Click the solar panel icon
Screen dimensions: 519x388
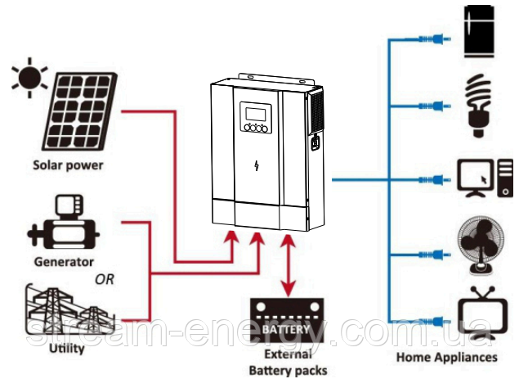tap(79, 111)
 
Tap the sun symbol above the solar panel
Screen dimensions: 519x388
tap(29, 77)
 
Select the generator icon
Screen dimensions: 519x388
tap(63, 222)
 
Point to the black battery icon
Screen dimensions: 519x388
tap(287, 320)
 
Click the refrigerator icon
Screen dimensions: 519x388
tap(479, 31)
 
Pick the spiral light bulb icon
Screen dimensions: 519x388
tap(478, 106)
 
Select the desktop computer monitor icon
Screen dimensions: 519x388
tap(475, 178)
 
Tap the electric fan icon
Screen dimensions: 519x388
tap(481, 246)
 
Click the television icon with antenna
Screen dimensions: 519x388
tap(482, 313)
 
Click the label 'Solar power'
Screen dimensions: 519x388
tap(68, 165)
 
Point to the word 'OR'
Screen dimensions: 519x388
tap(105, 279)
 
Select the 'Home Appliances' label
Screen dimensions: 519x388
tap(447, 358)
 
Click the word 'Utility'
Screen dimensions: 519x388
tap(67, 348)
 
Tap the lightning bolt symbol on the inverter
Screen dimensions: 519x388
tap(257, 165)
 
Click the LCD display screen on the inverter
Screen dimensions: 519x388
tap(256, 114)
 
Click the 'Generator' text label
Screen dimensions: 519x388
tap(64, 262)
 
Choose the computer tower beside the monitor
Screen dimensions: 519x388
tap(505, 178)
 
